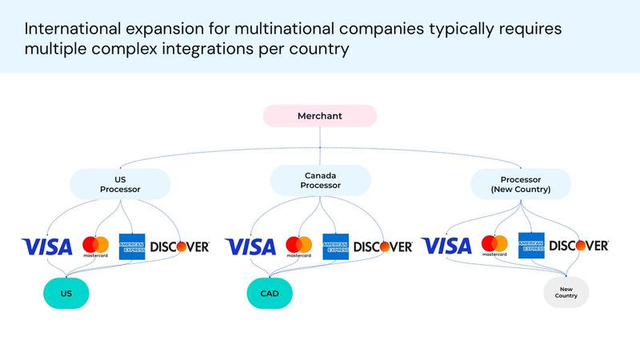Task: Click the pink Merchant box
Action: pyautogui.click(x=320, y=116)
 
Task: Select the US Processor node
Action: pyautogui.click(x=120, y=184)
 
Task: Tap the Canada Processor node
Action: pyautogui.click(x=320, y=180)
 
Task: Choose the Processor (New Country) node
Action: pyautogui.click(x=520, y=184)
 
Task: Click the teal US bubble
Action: pyautogui.click(x=66, y=294)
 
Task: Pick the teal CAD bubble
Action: pyautogui.click(x=270, y=294)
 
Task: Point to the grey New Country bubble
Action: pyautogui.click(x=566, y=293)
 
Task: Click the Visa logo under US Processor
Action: pyautogui.click(x=46, y=246)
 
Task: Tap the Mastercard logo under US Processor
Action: pyautogui.click(x=95, y=246)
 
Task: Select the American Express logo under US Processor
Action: pyautogui.click(x=131, y=246)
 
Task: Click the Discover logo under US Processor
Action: pyautogui.click(x=180, y=246)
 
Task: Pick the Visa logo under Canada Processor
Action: pyautogui.click(x=250, y=246)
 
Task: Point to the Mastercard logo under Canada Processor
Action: pyautogui.click(x=299, y=246)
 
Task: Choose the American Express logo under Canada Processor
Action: pyautogui.click(x=334, y=246)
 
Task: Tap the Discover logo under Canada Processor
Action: pyautogui.click(x=383, y=246)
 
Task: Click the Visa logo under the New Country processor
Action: pyautogui.click(x=446, y=246)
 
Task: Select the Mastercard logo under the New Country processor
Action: pyautogui.click(x=495, y=245)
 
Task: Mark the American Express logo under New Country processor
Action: pyautogui.click(x=531, y=246)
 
